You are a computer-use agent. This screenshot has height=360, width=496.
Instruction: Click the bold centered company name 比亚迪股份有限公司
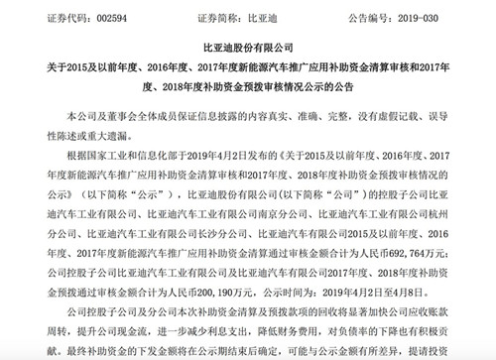pos(247,48)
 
